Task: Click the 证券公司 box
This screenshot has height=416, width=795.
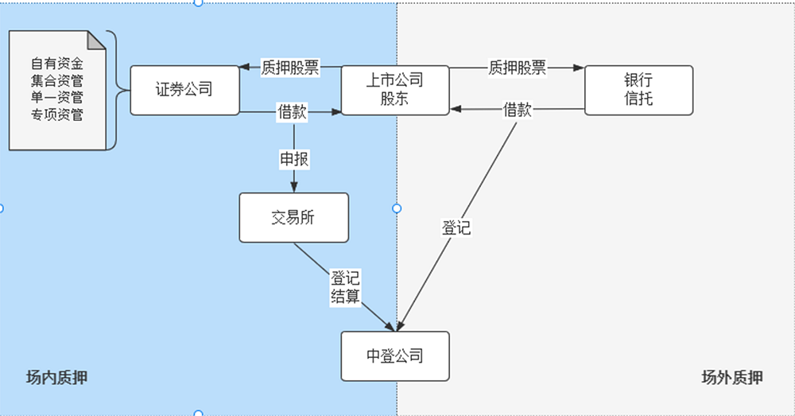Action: [x=184, y=90]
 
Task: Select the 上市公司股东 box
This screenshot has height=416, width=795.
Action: [x=395, y=90]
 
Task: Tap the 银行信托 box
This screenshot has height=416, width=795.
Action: [x=638, y=90]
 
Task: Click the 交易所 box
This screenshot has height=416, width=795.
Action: [x=293, y=217]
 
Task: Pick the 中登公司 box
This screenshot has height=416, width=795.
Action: [x=395, y=356]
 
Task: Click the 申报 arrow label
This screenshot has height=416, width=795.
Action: [x=293, y=159]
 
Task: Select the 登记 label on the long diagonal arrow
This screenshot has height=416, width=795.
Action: [x=456, y=228]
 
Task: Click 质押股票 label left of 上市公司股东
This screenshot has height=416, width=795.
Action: [x=290, y=68]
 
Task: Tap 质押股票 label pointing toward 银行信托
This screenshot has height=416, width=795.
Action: [x=518, y=68]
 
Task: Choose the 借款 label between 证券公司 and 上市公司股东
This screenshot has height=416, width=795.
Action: [x=292, y=112]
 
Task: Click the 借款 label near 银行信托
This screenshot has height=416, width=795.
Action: [x=518, y=111]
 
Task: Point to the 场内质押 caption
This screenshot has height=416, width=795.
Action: [x=56, y=378]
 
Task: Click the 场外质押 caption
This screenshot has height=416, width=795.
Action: [x=732, y=378]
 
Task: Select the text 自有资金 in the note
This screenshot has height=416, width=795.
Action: [x=57, y=63]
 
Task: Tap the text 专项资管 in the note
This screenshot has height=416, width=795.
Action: [x=57, y=115]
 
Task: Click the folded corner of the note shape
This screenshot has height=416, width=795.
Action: [x=96, y=40]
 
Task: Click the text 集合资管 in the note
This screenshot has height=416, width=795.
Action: [x=57, y=80]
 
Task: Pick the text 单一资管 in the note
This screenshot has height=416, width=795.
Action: [x=57, y=98]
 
